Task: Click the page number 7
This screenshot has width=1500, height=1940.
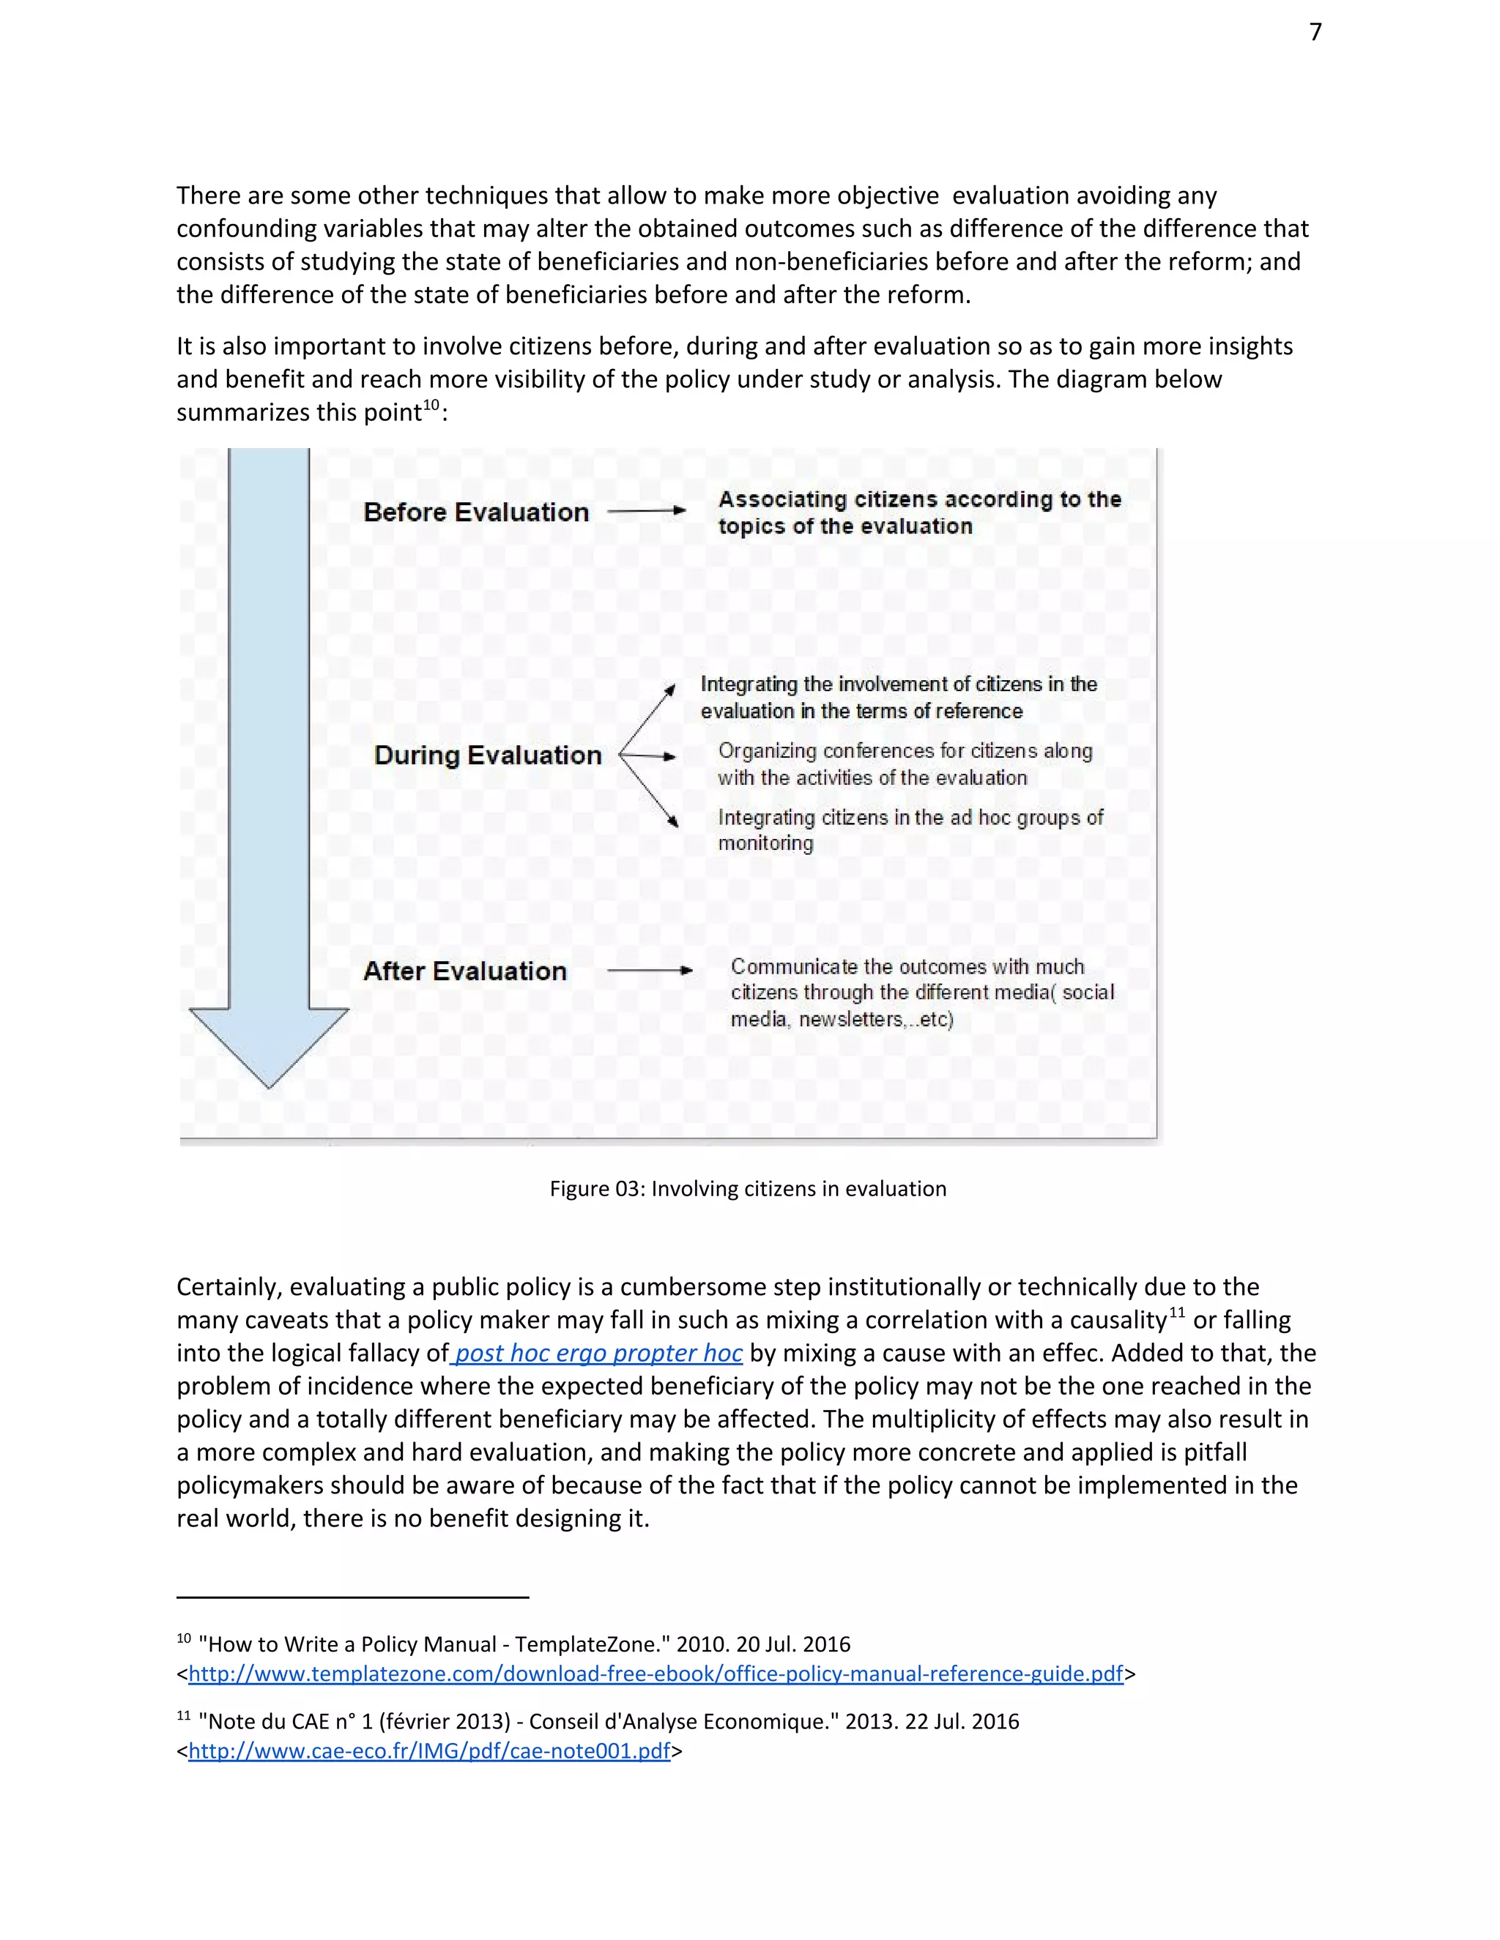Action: point(1315,33)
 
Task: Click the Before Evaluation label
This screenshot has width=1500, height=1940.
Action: point(476,512)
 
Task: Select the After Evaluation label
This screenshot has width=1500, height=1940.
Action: point(465,971)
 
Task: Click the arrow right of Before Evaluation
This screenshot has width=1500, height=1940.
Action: point(647,511)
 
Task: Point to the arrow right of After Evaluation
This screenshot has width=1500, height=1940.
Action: point(650,971)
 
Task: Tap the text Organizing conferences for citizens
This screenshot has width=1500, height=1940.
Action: point(905,752)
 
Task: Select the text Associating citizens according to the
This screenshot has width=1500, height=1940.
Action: point(920,499)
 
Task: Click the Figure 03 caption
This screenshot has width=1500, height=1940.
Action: point(749,1188)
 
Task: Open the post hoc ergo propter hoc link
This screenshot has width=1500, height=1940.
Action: point(599,1353)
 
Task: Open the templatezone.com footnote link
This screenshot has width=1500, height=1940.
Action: point(656,1674)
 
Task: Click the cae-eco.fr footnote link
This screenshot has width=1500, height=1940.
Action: point(429,1751)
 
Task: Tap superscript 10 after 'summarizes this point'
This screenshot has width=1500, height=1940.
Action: point(431,406)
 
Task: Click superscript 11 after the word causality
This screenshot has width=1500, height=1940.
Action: point(1176,1313)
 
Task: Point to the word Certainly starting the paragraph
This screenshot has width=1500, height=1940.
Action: point(229,1287)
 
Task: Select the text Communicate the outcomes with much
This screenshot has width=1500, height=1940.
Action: point(907,966)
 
